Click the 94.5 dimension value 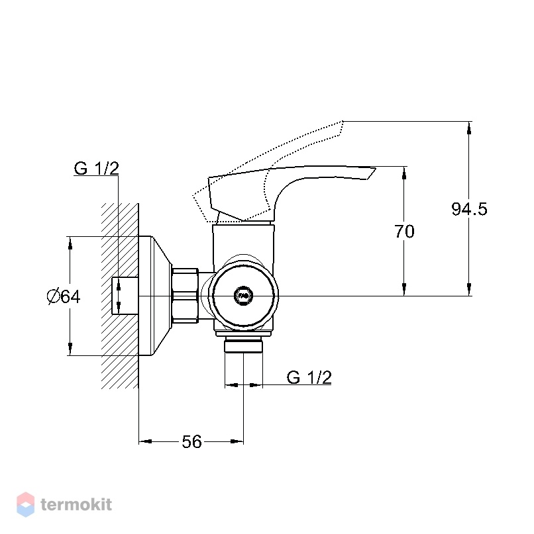[469, 208]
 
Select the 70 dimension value [404, 231]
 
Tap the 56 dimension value [191, 442]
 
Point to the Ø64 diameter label [64, 296]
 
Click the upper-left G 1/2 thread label [97, 168]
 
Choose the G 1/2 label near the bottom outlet [309, 377]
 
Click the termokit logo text [76, 504]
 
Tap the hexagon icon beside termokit [26, 504]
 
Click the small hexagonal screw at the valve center [243, 295]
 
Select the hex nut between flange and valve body [185, 296]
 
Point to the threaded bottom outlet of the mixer [243, 345]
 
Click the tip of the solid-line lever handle [375, 167]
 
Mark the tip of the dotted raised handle [343, 121]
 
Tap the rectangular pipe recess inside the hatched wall [125, 296]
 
